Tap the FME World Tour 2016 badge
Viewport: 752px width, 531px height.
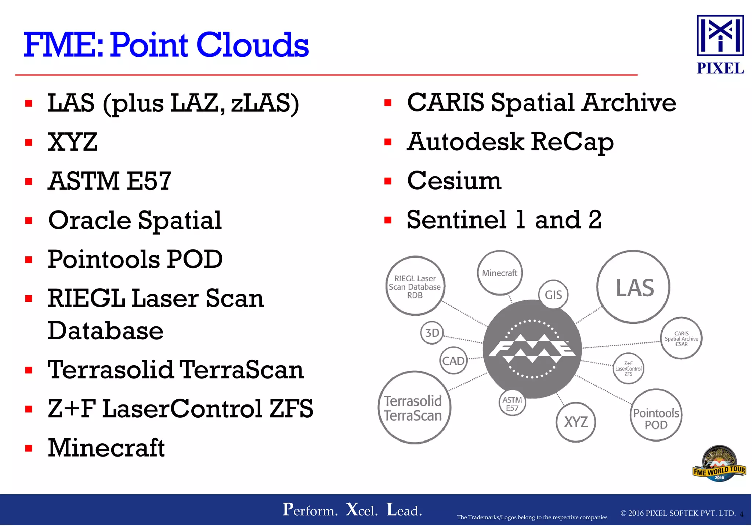tap(719, 464)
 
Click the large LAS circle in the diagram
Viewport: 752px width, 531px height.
tap(634, 287)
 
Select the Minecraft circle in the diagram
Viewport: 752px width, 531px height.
tap(500, 273)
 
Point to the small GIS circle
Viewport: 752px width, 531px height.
tap(553, 294)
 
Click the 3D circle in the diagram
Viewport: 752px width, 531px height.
tap(432, 333)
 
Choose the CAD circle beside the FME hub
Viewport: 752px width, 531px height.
tap(453, 361)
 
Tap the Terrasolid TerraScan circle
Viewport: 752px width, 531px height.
tap(414, 408)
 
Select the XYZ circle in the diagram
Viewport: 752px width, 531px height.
tap(576, 422)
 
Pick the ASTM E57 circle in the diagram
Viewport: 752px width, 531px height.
tap(512, 403)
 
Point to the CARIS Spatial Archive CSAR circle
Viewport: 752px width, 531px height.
tap(681, 338)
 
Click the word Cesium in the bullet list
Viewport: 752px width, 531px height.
tap(454, 181)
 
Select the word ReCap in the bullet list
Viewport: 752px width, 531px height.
tap(572, 142)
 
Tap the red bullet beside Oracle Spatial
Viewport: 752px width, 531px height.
tap(29, 221)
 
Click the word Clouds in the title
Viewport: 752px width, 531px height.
tap(252, 45)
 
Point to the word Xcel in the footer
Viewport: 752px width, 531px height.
tap(362, 510)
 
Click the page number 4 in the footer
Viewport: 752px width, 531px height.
tap(741, 514)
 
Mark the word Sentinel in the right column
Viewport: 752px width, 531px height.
tap(457, 220)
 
